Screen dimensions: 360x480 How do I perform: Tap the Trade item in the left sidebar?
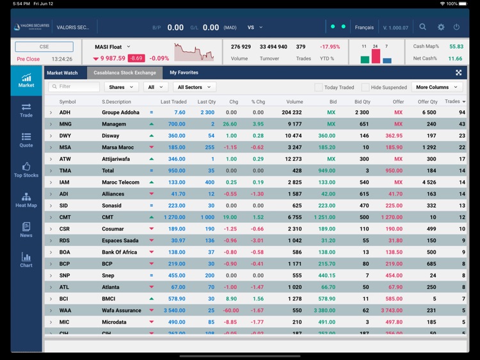pyautogui.click(x=26, y=110)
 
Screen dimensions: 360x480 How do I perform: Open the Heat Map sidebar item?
pyautogui.click(x=26, y=200)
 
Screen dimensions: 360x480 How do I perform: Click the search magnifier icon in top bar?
pyautogui.click(x=423, y=28)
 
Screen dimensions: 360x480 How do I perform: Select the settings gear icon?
pyautogui.click(x=441, y=28)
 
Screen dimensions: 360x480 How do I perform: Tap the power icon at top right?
pyautogui.click(x=456, y=28)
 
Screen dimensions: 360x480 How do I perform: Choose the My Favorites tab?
pyautogui.click(x=184, y=73)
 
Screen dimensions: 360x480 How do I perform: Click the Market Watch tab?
pyautogui.click(x=62, y=73)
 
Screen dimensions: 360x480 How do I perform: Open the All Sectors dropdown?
pyautogui.click(x=194, y=87)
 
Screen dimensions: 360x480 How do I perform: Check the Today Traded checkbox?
pyautogui.click(x=319, y=87)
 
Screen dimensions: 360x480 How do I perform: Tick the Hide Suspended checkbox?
pyautogui.click(x=365, y=87)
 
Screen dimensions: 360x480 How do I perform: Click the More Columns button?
pyautogui.click(x=437, y=87)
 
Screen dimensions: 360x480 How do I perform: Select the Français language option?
pyautogui.click(x=364, y=28)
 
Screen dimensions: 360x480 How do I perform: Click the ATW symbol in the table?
pyautogui.click(x=65, y=159)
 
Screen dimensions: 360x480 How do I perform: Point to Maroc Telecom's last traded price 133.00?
pyautogui.click(x=177, y=183)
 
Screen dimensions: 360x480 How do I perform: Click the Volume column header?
pyautogui.click(x=294, y=102)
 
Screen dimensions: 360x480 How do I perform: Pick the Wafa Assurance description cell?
pyautogui.click(x=122, y=310)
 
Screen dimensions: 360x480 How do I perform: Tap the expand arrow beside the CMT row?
pyautogui.click(x=51, y=217)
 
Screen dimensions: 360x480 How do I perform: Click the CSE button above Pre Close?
pyautogui.click(x=44, y=47)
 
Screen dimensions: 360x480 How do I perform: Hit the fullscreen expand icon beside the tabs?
pyautogui.click(x=459, y=73)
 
